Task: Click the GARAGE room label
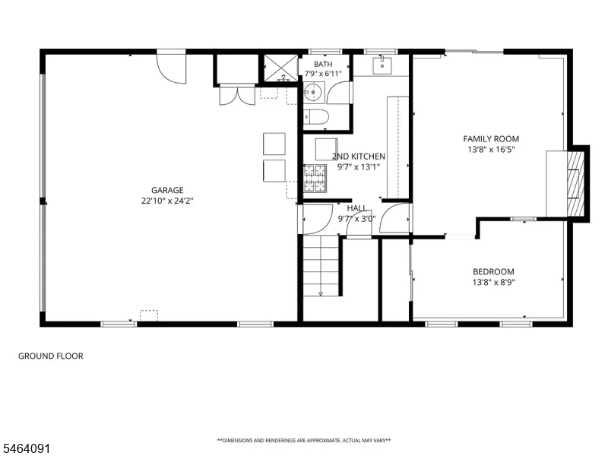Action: (x=167, y=190)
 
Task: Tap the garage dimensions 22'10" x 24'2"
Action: (x=167, y=201)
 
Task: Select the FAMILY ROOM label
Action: (x=491, y=139)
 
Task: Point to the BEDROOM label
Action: (x=493, y=272)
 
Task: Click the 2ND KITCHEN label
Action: (x=359, y=157)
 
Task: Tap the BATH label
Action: (x=323, y=64)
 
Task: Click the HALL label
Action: (x=356, y=208)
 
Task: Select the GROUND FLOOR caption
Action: (x=51, y=356)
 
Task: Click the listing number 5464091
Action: (x=25, y=449)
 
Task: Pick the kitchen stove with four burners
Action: (x=315, y=179)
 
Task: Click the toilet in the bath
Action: (x=315, y=117)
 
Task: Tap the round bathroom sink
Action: (x=313, y=92)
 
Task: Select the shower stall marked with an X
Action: (x=280, y=68)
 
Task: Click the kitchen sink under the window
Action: (x=382, y=65)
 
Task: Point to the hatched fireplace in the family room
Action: (x=575, y=184)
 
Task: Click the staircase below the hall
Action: (x=321, y=265)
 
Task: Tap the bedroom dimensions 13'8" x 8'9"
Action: (x=493, y=282)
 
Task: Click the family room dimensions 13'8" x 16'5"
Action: (x=491, y=150)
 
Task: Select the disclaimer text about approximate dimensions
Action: (x=303, y=441)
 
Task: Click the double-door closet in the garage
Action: (x=237, y=94)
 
